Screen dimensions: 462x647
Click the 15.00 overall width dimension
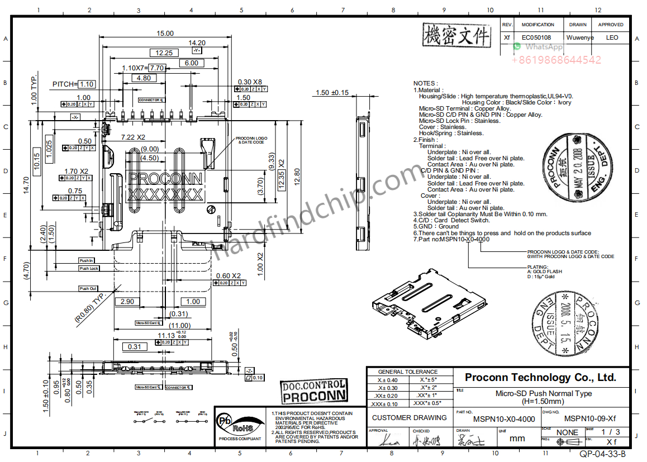click(x=165, y=34)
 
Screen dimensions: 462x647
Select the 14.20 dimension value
click(x=197, y=42)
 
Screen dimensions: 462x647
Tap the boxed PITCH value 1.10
click(x=86, y=84)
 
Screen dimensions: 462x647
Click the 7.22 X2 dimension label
click(x=133, y=137)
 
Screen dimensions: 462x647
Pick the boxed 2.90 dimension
click(x=127, y=302)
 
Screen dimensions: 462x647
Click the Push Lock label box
click(x=89, y=269)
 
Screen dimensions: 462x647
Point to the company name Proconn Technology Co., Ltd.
click(x=540, y=378)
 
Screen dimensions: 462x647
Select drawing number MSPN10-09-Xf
click(x=589, y=419)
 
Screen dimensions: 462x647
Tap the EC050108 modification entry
click(x=536, y=38)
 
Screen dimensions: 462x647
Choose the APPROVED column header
click(x=611, y=25)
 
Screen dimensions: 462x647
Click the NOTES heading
click(x=425, y=83)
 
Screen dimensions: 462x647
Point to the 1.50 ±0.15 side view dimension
click(x=332, y=93)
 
